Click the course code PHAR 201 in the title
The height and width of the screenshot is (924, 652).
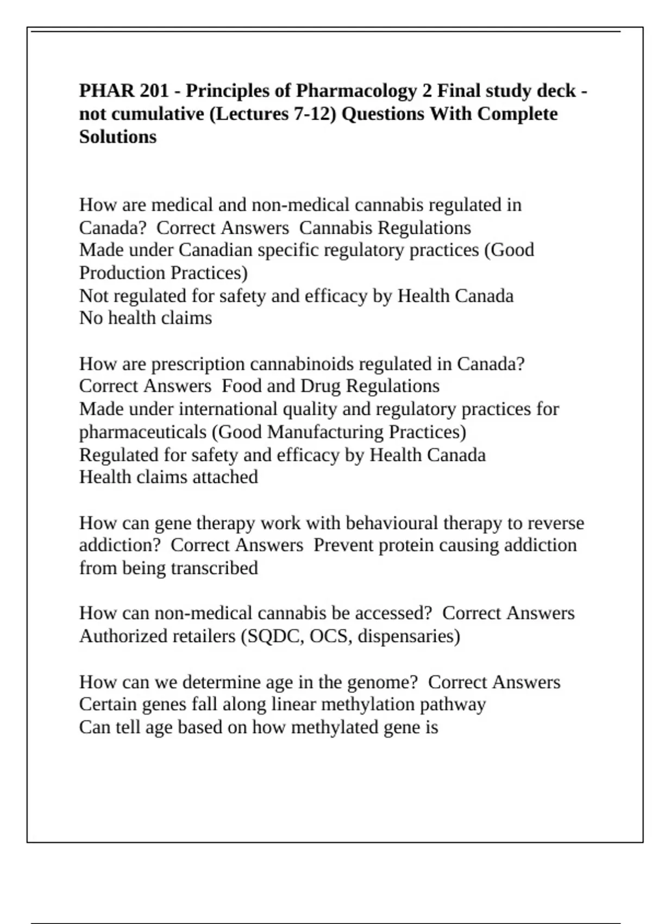[x=124, y=90]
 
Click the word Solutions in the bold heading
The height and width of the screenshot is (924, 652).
[x=118, y=136]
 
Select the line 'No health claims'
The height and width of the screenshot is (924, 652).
[x=146, y=318]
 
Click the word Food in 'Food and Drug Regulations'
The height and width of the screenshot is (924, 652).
[x=242, y=386]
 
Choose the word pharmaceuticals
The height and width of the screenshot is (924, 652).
[x=143, y=432]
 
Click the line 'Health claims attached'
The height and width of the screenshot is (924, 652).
[x=168, y=477]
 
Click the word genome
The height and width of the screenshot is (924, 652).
[x=382, y=682]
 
